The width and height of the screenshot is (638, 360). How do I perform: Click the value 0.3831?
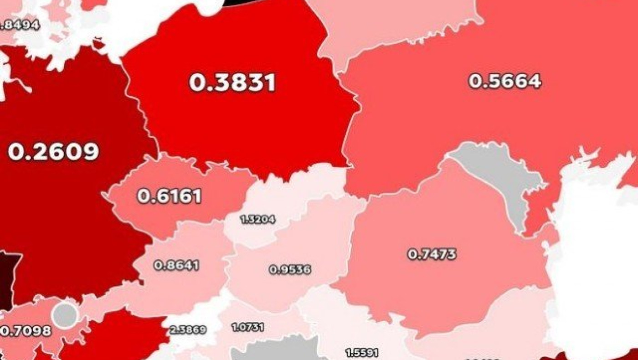coord(233,83)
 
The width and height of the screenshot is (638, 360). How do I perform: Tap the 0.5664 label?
coord(505,81)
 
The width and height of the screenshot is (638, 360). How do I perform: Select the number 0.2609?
coord(53,151)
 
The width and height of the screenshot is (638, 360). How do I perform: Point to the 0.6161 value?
coord(169,196)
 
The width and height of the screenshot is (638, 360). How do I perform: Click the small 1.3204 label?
coord(258,219)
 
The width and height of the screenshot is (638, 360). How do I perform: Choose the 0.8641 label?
coord(176,265)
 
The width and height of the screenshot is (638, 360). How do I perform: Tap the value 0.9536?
coord(290,270)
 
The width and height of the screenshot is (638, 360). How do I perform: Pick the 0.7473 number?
coord(432,254)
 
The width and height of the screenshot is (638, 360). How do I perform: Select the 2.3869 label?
coord(188,329)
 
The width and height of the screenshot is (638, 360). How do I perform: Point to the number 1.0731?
coord(248,327)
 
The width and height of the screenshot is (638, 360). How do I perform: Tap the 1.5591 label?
coord(361,352)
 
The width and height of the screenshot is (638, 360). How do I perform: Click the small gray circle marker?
coord(65,315)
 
